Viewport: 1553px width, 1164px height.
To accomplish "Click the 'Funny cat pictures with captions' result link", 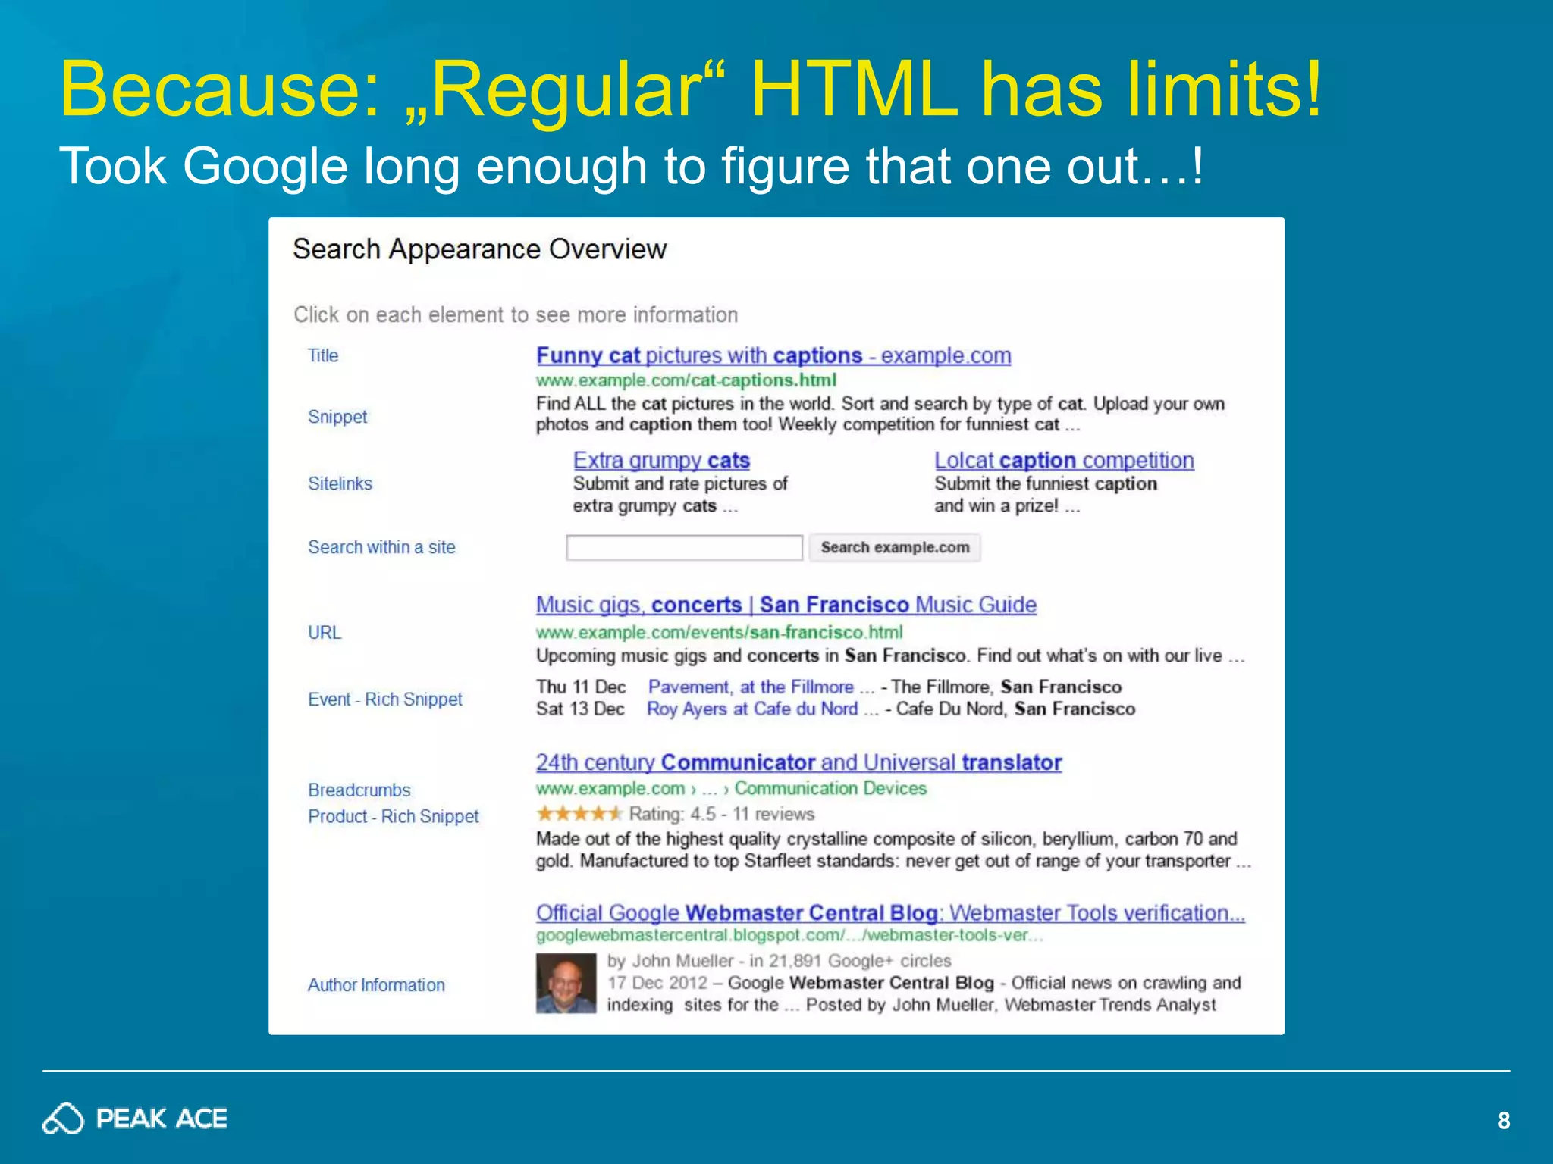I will point(773,355).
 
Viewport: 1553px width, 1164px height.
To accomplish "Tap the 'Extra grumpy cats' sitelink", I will point(661,460).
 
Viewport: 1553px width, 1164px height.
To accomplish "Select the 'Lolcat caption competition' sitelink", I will point(1064,460).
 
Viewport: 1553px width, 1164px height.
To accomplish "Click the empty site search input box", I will point(684,547).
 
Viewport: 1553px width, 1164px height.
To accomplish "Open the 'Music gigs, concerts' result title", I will point(786,605).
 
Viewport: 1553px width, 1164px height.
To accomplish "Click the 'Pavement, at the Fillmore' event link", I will point(751,687).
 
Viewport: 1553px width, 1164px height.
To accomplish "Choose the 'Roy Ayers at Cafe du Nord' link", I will point(751,709).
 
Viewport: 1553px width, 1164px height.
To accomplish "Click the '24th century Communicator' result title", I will point(798,762).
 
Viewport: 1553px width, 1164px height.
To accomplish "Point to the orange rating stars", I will point(579,814).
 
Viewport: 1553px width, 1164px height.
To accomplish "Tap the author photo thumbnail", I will point(566,983).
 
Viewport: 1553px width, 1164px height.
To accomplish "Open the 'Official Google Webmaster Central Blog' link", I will point(890,912).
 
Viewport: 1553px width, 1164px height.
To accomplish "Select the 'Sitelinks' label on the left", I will point(340,483).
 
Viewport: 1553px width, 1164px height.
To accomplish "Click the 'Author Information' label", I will point(376,985).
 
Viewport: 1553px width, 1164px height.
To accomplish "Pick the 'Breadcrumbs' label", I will point(359,790).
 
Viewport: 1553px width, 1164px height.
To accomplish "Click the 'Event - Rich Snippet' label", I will point(385,699).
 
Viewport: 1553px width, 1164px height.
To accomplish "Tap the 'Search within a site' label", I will point(381,547).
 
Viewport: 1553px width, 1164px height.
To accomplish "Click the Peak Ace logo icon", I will point(63,1119).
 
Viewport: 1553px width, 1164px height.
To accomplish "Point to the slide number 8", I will point(1504,1121).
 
